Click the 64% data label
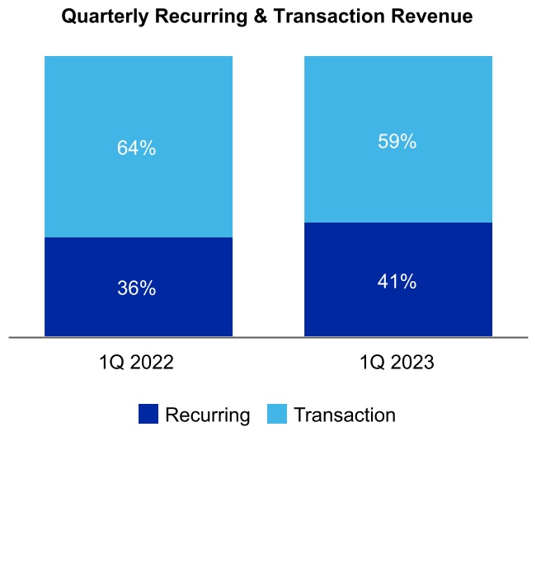click(136, 148)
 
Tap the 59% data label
click(397, 142)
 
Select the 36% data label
click(136, 288)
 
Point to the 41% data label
click(397, 282)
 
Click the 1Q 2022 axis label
click(136, 364)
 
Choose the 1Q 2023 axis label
click(397, 364)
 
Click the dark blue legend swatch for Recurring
click(148, 415)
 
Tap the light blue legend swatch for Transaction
click(277, 415)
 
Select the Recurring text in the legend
click(207, 415)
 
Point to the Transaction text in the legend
click(345, 415)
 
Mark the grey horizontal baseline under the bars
click(268, 337)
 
